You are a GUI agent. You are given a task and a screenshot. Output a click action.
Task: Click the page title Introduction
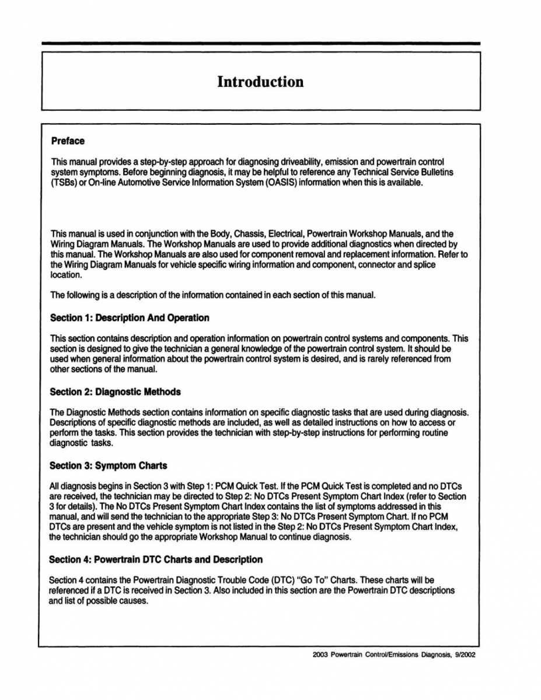260,82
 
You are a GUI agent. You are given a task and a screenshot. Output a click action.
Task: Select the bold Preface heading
68,141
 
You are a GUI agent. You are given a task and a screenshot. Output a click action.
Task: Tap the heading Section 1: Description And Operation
129,318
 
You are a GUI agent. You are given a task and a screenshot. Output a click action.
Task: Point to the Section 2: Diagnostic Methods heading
115,391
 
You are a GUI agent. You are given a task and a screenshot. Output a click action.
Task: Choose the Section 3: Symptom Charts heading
108,466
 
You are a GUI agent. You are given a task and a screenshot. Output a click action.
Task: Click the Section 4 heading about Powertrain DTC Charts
156,559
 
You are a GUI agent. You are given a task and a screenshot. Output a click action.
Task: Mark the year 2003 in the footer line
320,654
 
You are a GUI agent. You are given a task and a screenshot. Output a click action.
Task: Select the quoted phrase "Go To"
338,580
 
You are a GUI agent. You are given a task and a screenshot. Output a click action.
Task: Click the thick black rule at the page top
260,43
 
